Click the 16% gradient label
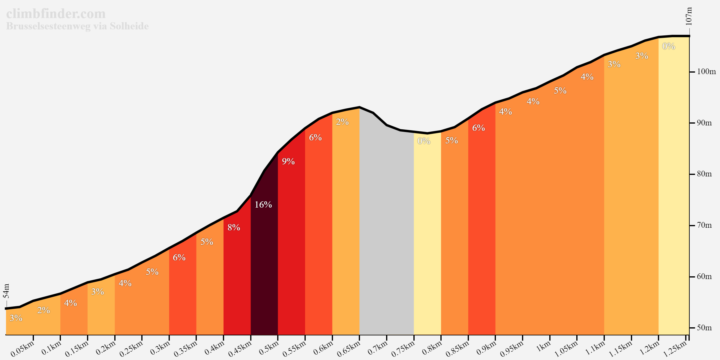[x=263, y=205]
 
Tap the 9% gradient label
[x=288, y=161]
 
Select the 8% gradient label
[x=234, y=227]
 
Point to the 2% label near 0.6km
[x=342, y=122]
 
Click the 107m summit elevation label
[x=689, y=16]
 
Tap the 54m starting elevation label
[x=7, y=291]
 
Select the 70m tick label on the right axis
[x=704, y=225]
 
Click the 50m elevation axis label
[x=704, y=328]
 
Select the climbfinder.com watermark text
[x=56, y=14]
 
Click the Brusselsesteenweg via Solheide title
[x=77, y=26]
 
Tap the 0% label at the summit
[x=669, y=46]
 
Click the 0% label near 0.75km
[x=424, y=141]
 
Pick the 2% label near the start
[x=43, y=310]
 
